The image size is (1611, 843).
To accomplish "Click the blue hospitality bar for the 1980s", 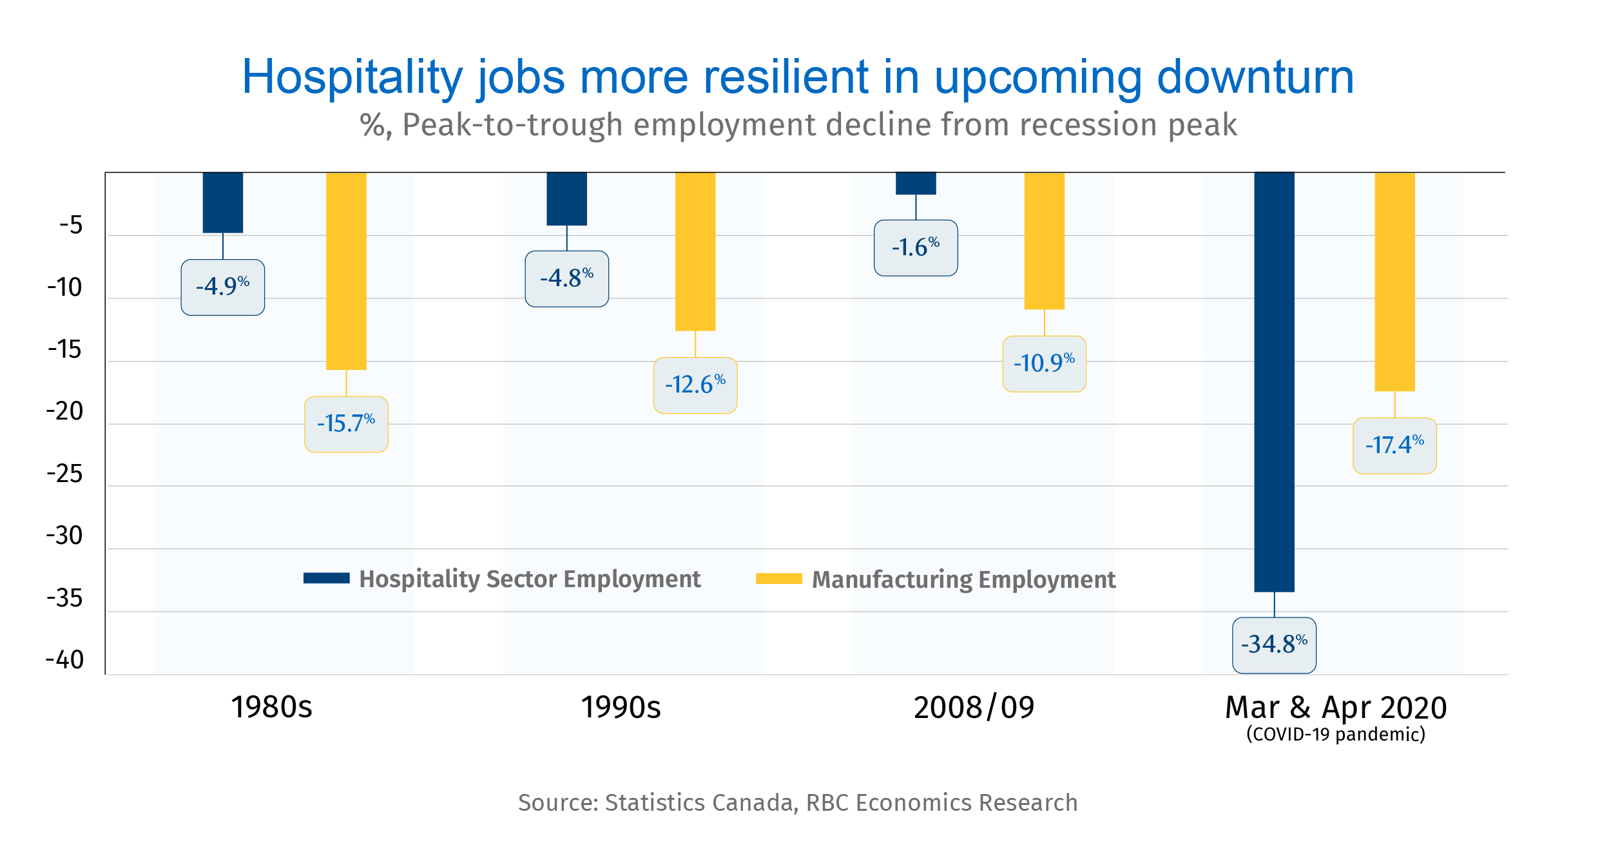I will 223,202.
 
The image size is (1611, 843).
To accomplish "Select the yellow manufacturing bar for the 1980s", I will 346,271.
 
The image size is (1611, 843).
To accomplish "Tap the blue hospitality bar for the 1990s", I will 567,199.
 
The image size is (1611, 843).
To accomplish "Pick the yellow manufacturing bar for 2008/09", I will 1045,240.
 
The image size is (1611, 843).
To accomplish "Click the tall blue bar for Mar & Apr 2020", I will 1274,382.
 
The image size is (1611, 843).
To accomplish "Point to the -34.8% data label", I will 1274,645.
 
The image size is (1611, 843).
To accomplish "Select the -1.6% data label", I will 916,248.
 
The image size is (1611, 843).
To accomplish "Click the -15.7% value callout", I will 346,425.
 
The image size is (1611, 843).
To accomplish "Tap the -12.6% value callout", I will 695,385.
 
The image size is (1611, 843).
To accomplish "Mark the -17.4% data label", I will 1394,446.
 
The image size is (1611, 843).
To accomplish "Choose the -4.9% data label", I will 223,287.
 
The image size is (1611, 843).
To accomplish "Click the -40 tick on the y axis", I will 65,660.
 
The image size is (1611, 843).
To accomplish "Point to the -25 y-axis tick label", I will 65,474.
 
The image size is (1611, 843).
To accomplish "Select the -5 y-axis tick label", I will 71,226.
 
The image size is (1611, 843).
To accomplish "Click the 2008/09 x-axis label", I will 974,708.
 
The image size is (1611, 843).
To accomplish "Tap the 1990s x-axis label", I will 621,708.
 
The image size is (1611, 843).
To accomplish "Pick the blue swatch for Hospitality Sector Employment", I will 327,578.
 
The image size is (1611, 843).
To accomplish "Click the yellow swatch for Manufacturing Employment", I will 779,578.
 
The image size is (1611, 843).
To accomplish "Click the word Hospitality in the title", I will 352,77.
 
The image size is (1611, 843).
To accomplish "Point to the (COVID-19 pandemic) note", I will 1336,735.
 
